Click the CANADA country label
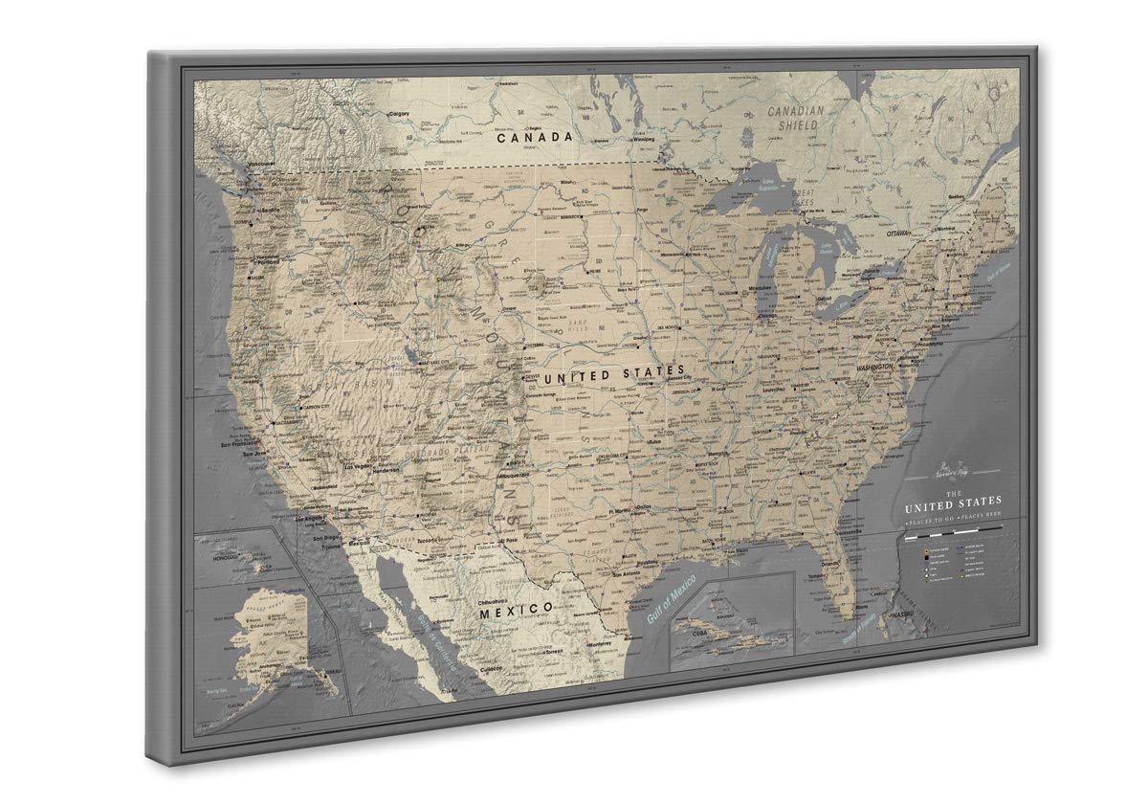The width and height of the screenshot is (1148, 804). coord(535,137)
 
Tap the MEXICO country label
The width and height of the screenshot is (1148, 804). coord(517,609)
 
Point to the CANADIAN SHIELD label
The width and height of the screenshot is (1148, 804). coord(794,118)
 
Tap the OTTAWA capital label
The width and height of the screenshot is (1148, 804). coord(898,234)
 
